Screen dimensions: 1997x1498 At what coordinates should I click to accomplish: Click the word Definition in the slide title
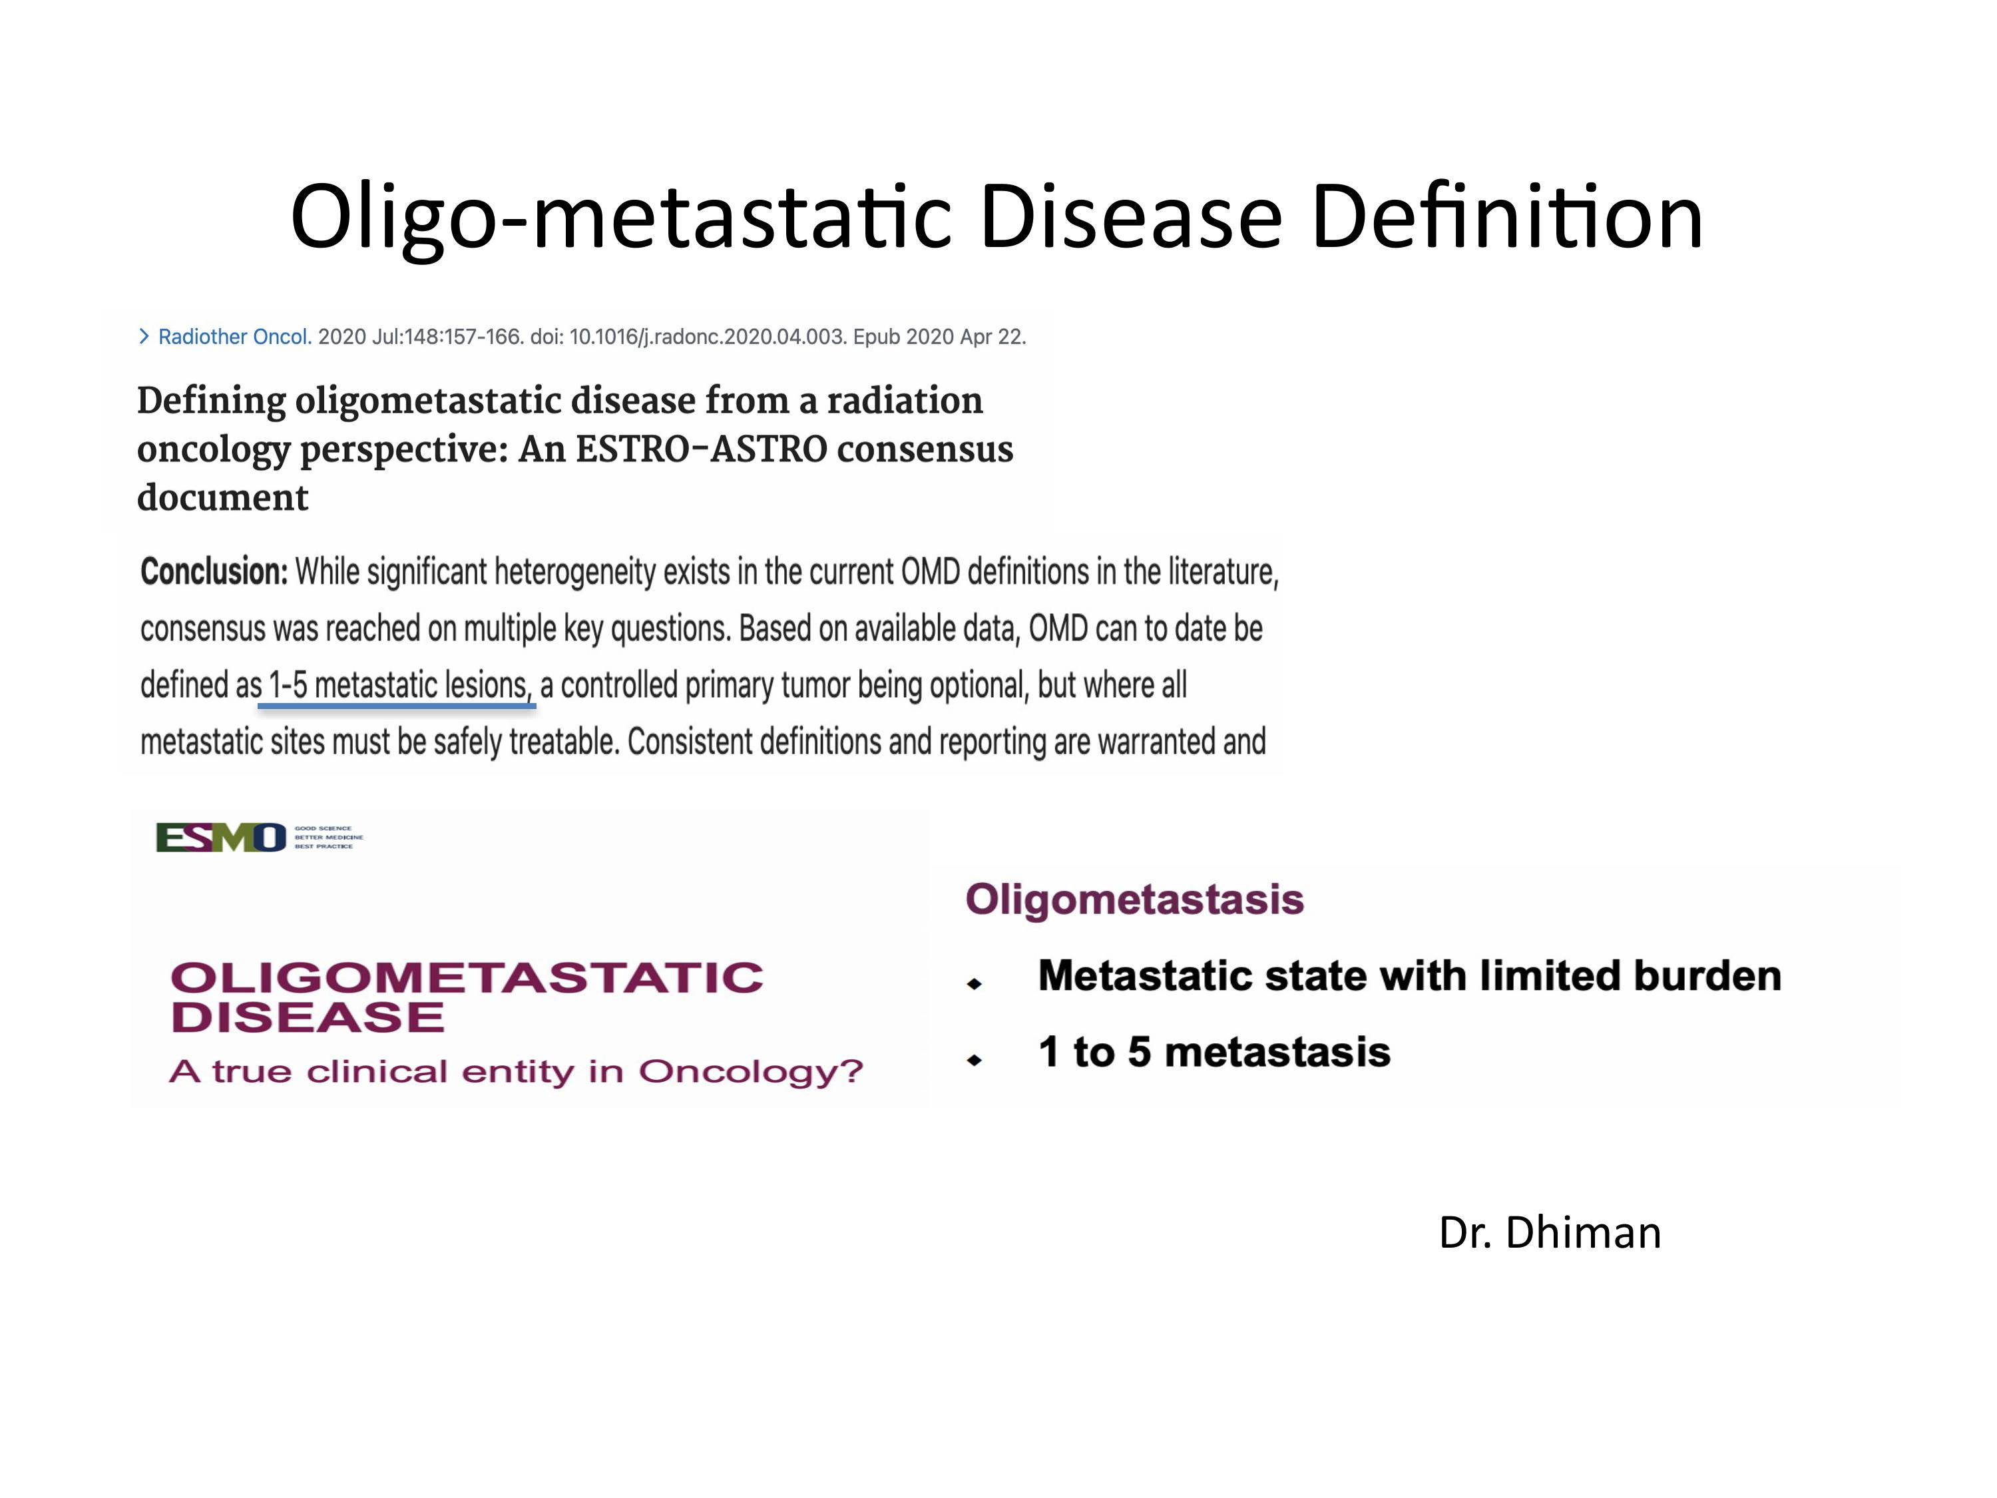pyautogui.click(x=1506, y=216)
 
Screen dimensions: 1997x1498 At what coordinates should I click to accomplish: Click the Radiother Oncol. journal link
pyautogui.click(x=235, y=337)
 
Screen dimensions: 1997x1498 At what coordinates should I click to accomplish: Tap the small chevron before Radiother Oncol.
pyautogui.click(x=144, y=337)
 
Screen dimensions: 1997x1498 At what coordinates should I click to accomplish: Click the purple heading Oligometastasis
pyautogui.click(x=1135, y=899)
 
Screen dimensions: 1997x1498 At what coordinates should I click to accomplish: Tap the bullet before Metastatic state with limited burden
pyautogui.click(x=974, y=983)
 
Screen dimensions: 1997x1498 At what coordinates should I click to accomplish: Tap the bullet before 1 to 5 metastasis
pyautogui.click(x=974, y=1059)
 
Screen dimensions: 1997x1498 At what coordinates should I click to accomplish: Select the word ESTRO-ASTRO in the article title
pyautogui.click(x=700, y=449)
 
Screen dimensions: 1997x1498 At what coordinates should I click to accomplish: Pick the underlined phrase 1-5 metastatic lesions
pyautogui.click(x=398, y=686)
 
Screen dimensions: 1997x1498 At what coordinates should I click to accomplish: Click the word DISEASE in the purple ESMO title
pyautogui.click(x=307, y=1017)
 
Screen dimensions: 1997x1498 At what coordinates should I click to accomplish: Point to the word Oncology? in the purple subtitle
pyautogui.click(x=751, y=1072)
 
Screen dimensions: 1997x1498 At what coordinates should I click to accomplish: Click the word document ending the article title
pyautogui.click(x=223, y=497)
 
